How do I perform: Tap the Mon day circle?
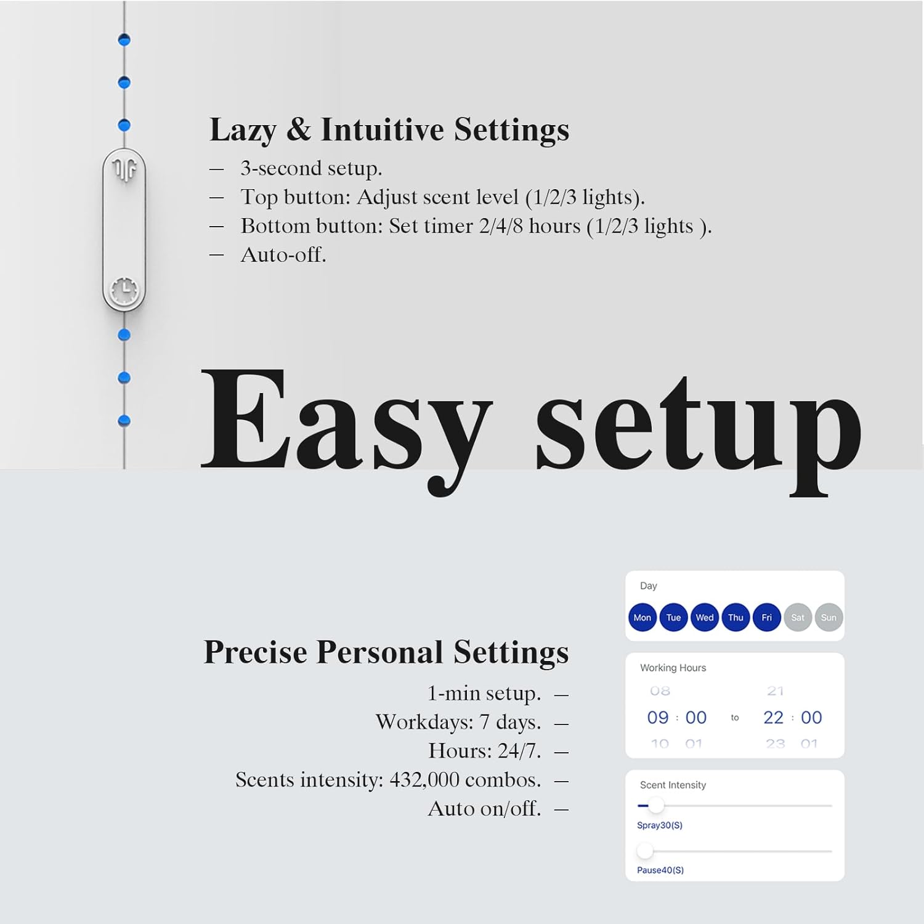(642, 617)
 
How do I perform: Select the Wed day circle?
(705, 617)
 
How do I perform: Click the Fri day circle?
(766, 617)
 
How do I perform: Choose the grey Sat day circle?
(798, 617)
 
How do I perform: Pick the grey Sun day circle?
(829, 617)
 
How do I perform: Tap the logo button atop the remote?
(124, 169)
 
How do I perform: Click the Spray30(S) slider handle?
(656, 805)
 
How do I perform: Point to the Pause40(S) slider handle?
(645, 851)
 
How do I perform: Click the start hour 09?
(658, 718)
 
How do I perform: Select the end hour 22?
(773, 718)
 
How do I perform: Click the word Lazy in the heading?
(243, 130)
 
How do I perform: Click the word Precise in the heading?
(256, 652)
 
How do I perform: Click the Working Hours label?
(673, 668)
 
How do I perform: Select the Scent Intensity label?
(673, 785)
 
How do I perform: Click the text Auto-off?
(283, 254)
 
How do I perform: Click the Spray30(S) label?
(659, 825)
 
